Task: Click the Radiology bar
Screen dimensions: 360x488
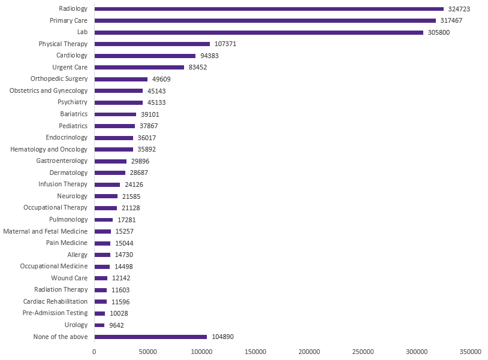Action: coord(269,9)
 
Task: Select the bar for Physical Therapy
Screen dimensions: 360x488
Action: coord(152,44)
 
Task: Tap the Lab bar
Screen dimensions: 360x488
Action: coord(258,32)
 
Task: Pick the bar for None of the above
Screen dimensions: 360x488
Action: coord(150,337)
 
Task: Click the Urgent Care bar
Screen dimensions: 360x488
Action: coord(139,67)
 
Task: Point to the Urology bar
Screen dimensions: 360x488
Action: coord(100,325)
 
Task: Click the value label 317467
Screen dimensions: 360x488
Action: coord(451,20)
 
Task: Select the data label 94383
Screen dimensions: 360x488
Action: coord(210,56)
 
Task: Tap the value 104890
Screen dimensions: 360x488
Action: coord(222,337)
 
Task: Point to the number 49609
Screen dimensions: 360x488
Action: coord(162,79)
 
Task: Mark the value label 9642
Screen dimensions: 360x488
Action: coord(116,325)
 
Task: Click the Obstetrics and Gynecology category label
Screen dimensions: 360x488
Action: coord(49,90)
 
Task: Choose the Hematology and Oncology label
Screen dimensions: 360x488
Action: coord(49,149)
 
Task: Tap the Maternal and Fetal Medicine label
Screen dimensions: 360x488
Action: coord(46,231)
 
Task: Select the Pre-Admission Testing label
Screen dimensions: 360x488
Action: coord(55,313)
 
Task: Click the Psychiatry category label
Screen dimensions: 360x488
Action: coord(73,102)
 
